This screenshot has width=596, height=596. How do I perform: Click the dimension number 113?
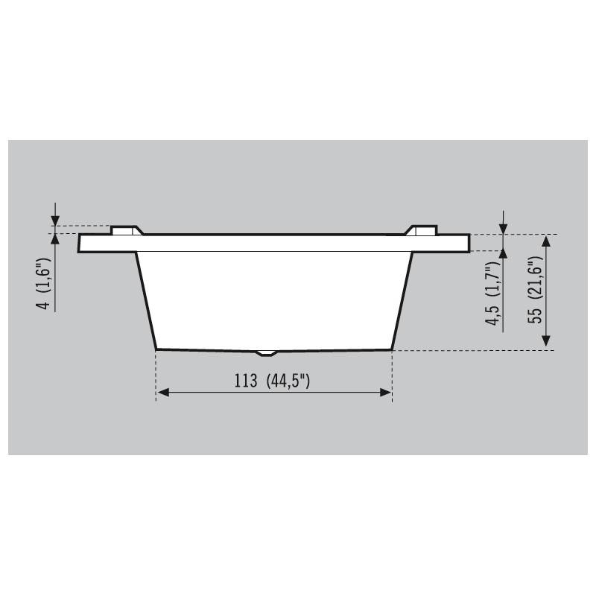click(x=246, y=381)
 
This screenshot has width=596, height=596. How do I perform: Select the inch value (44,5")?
click(x=288, y=381)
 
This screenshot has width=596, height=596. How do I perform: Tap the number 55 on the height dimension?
click(x=536, y=314)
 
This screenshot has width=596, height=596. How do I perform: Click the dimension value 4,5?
click(x=494, y=316)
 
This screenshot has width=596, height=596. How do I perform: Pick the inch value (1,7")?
click(x=493, y=279)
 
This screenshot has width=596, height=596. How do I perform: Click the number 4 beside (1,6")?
click(x=45, y=305)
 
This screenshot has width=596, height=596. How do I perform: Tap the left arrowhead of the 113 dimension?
click(x=163, y=393)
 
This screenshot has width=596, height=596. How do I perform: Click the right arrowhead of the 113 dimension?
click(x=385, y=393)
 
